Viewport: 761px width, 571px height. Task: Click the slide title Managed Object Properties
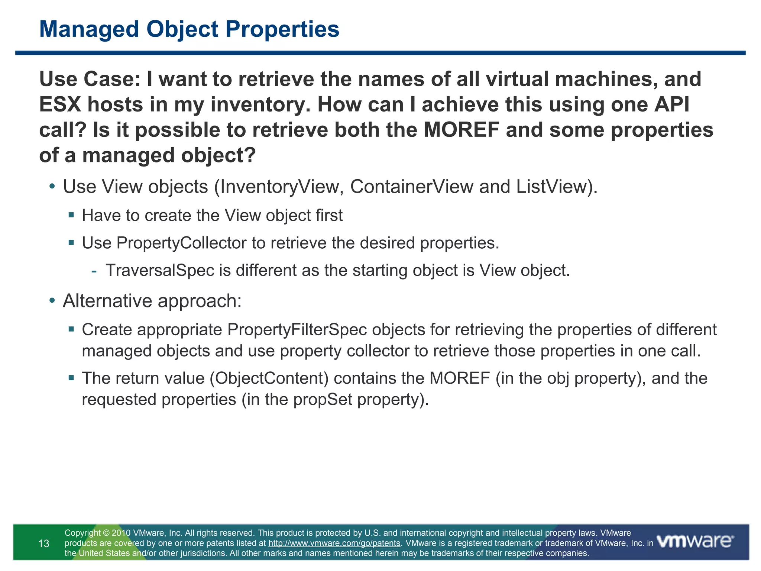pos(189,29)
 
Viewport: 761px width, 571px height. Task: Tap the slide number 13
pos(44,544)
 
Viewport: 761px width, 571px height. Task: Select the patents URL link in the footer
pos(334,543)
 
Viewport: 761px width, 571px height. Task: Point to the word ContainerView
pos(412,187)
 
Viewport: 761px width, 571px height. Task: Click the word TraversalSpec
pos(160,270)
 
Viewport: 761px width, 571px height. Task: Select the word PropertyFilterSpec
pos(297,330)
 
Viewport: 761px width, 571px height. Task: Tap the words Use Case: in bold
pos(90,79)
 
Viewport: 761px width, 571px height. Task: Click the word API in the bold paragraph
pos(671,104)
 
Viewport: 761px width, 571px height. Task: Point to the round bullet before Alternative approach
pos(52,300)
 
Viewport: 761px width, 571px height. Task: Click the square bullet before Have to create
pos(71,215)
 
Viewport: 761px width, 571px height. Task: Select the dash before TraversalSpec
pos(94,271)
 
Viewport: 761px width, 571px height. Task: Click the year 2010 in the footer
pos(121,533)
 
